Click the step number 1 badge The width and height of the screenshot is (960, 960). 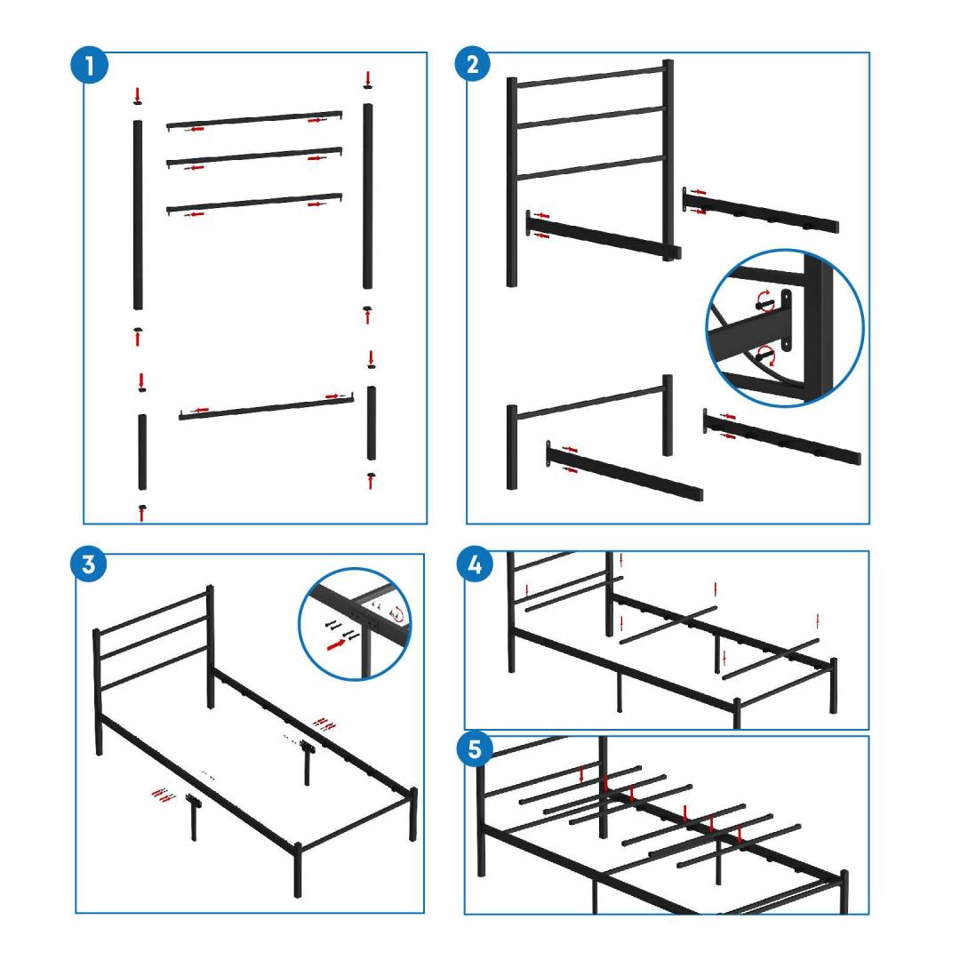click(90, 66)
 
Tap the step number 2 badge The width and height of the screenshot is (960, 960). click(473, 64)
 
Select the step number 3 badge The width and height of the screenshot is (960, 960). click(89, 564)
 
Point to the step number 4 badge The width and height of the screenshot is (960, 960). click(475, 564)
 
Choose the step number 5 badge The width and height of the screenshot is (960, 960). click(475, 749)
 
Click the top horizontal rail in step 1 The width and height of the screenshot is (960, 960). click(254, 119)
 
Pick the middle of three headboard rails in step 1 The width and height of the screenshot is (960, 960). click(254, 156)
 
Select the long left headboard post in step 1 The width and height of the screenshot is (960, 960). click(138, 215)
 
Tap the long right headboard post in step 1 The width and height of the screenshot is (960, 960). click(367, 196)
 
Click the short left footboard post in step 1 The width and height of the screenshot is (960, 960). click(142, 452)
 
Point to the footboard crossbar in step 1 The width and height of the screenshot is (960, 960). click(267, 407)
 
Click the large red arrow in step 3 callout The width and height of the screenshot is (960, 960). click(335, 644)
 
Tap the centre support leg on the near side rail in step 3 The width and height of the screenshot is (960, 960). click(194, 818)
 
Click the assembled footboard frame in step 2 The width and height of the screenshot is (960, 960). click(589, 432)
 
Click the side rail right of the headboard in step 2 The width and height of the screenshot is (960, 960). click(761, 210)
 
